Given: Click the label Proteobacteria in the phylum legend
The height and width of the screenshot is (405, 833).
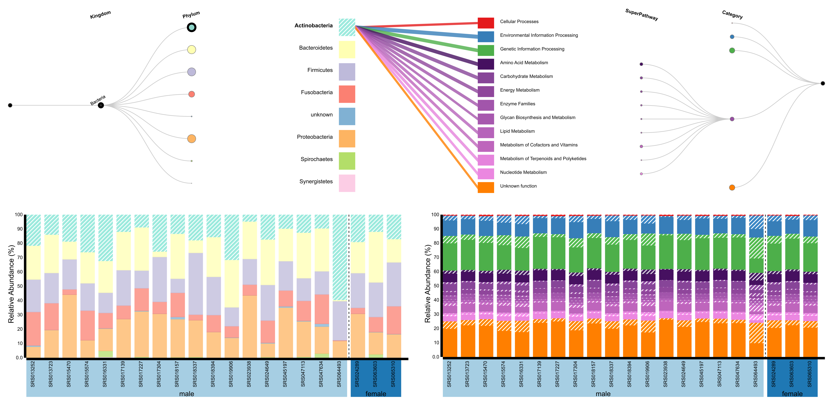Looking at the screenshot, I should coord(315,137).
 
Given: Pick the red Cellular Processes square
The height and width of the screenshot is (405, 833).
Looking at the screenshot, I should coord(486,23).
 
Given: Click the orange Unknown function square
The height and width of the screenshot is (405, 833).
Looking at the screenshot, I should coord(486,187).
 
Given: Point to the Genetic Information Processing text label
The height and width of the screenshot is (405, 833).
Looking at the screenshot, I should coord(532,49).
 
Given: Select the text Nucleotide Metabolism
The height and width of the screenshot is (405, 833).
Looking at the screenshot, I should coord(523,172).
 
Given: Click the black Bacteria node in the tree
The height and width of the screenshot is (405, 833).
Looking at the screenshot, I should coord(101,105).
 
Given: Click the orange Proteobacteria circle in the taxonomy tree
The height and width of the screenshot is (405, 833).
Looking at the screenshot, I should coord(191,139).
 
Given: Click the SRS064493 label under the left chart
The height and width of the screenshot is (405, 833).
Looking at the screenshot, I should coord(339,374).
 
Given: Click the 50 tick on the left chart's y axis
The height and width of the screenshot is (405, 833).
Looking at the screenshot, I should coord(19,286).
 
